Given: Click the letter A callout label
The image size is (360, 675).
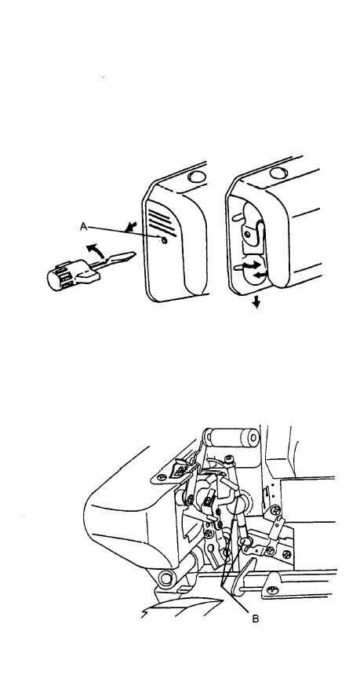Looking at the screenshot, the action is [x=84, y=226].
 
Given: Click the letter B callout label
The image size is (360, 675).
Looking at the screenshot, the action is [x=255, y=619].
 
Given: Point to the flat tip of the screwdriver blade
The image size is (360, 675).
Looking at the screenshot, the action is [x=134, y=254].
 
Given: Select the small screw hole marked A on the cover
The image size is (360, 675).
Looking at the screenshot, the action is [x=163, y=241].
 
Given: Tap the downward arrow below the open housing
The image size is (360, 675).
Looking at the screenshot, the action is [x=256, y=303].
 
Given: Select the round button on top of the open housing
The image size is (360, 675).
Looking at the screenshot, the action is [x=278, y=173].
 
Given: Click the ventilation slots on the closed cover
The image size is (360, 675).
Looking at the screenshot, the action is [x=162, y=221].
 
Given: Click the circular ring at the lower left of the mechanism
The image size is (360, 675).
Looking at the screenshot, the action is [x=165, y=578].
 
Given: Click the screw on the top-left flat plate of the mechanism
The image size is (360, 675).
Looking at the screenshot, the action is [x=163, y=477].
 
